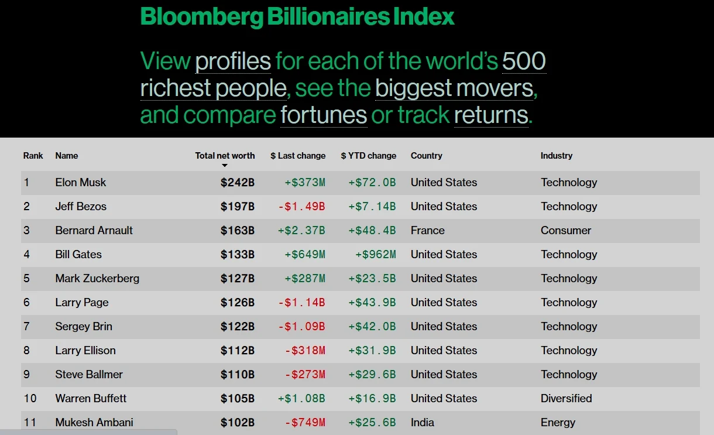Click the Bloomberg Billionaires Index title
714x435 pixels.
(x=297, y=16)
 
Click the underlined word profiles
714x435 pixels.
(x=233, y=61)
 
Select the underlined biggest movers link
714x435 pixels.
(x=454, y=88)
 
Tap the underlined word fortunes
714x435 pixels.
(x=323, y=115)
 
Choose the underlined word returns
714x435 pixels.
(x=491, y=115)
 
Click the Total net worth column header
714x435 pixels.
(x=225, y=156)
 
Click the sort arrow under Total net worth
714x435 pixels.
(x=224, y=166)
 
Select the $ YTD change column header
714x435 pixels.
(x=368, y=156)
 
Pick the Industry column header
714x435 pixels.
(x=556, y=156)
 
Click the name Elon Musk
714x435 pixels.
(x=81, y=183)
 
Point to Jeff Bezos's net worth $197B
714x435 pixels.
(x=237, y=207)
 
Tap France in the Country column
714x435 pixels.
(x=427, y=231)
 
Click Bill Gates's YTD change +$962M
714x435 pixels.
(x=375, y=255)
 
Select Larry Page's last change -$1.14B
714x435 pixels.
(x=301, y=303)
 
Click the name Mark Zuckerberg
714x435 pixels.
(x=97, y=279)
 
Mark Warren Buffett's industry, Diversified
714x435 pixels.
(x=566, y=399)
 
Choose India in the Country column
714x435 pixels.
(x=422, y=423)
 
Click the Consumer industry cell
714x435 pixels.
(x=565, y=231)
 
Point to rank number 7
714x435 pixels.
(x=26, y=327)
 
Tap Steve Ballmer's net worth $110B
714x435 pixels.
(x=237, y=375)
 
